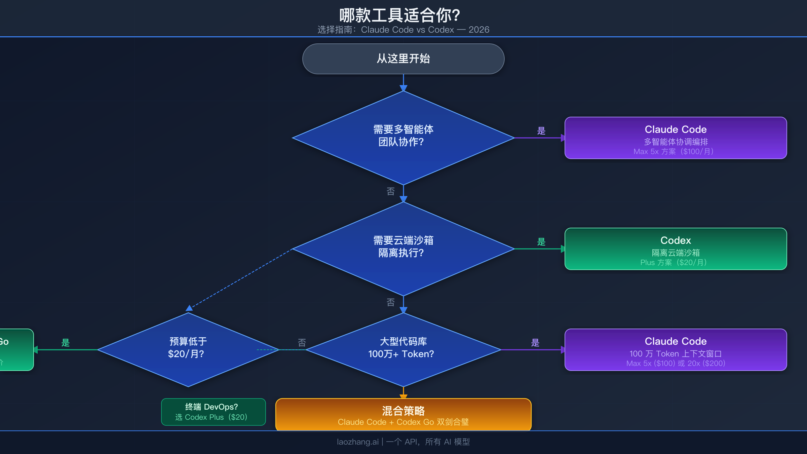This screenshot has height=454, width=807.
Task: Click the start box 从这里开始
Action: [403, 59]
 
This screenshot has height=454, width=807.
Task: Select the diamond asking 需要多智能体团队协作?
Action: [403, 138]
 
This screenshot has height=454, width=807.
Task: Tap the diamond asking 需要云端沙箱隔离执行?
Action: [403, 249]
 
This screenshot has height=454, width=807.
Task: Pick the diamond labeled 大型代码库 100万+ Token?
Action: [403, 349]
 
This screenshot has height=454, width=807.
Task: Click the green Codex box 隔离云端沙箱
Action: [676, 249]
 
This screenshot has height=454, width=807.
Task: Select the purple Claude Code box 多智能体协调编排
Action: [676, 138]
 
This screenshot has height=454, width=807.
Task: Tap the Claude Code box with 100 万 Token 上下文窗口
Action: [676, 350]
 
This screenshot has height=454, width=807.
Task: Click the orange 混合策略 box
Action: [403, 415]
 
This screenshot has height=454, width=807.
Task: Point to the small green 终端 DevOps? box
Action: [213, 412]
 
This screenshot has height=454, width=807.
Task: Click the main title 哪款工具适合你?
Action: [399, 15]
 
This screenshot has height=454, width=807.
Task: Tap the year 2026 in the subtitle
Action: [479, 30]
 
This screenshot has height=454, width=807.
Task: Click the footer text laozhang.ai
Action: [358, 442]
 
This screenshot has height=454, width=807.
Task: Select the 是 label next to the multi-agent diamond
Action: [541, 131]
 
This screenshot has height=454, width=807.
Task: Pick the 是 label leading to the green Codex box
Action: [541, 242]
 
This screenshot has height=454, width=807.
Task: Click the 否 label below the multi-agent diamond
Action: [390, 191]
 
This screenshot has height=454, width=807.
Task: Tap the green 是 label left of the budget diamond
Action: [65, 343]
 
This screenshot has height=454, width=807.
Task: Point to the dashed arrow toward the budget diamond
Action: [240, 278]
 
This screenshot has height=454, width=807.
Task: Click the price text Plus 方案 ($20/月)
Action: [674, 262]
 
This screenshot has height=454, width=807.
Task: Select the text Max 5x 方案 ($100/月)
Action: [674, 152]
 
